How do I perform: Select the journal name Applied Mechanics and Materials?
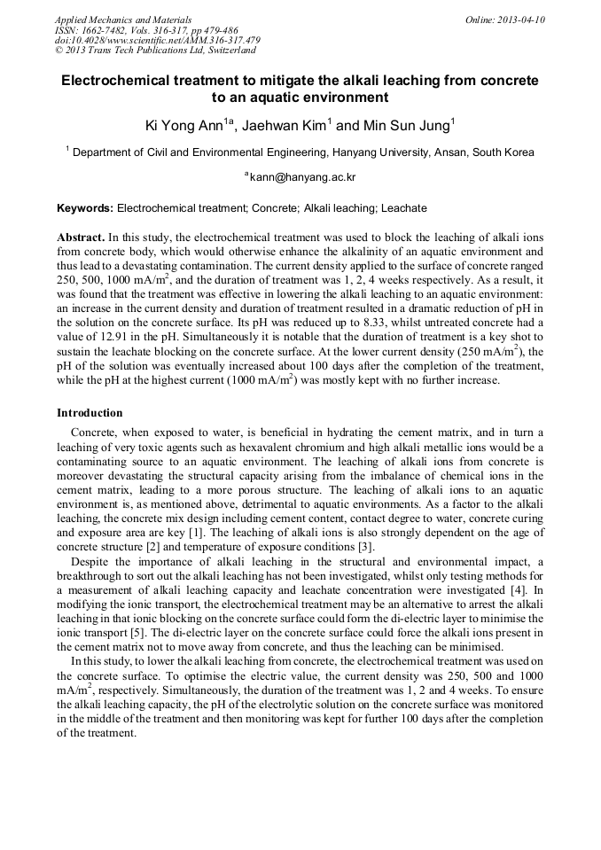click(x=123, y=19)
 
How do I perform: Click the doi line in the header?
click(x=157, y=41)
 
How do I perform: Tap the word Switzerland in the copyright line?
click(x=224, y=51)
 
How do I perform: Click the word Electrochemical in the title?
click(x=116, y=81)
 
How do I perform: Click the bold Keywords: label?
click(x=85, y=209)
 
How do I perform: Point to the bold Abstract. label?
click(x=81, y=238)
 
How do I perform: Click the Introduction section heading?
click(x=90, y=413)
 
